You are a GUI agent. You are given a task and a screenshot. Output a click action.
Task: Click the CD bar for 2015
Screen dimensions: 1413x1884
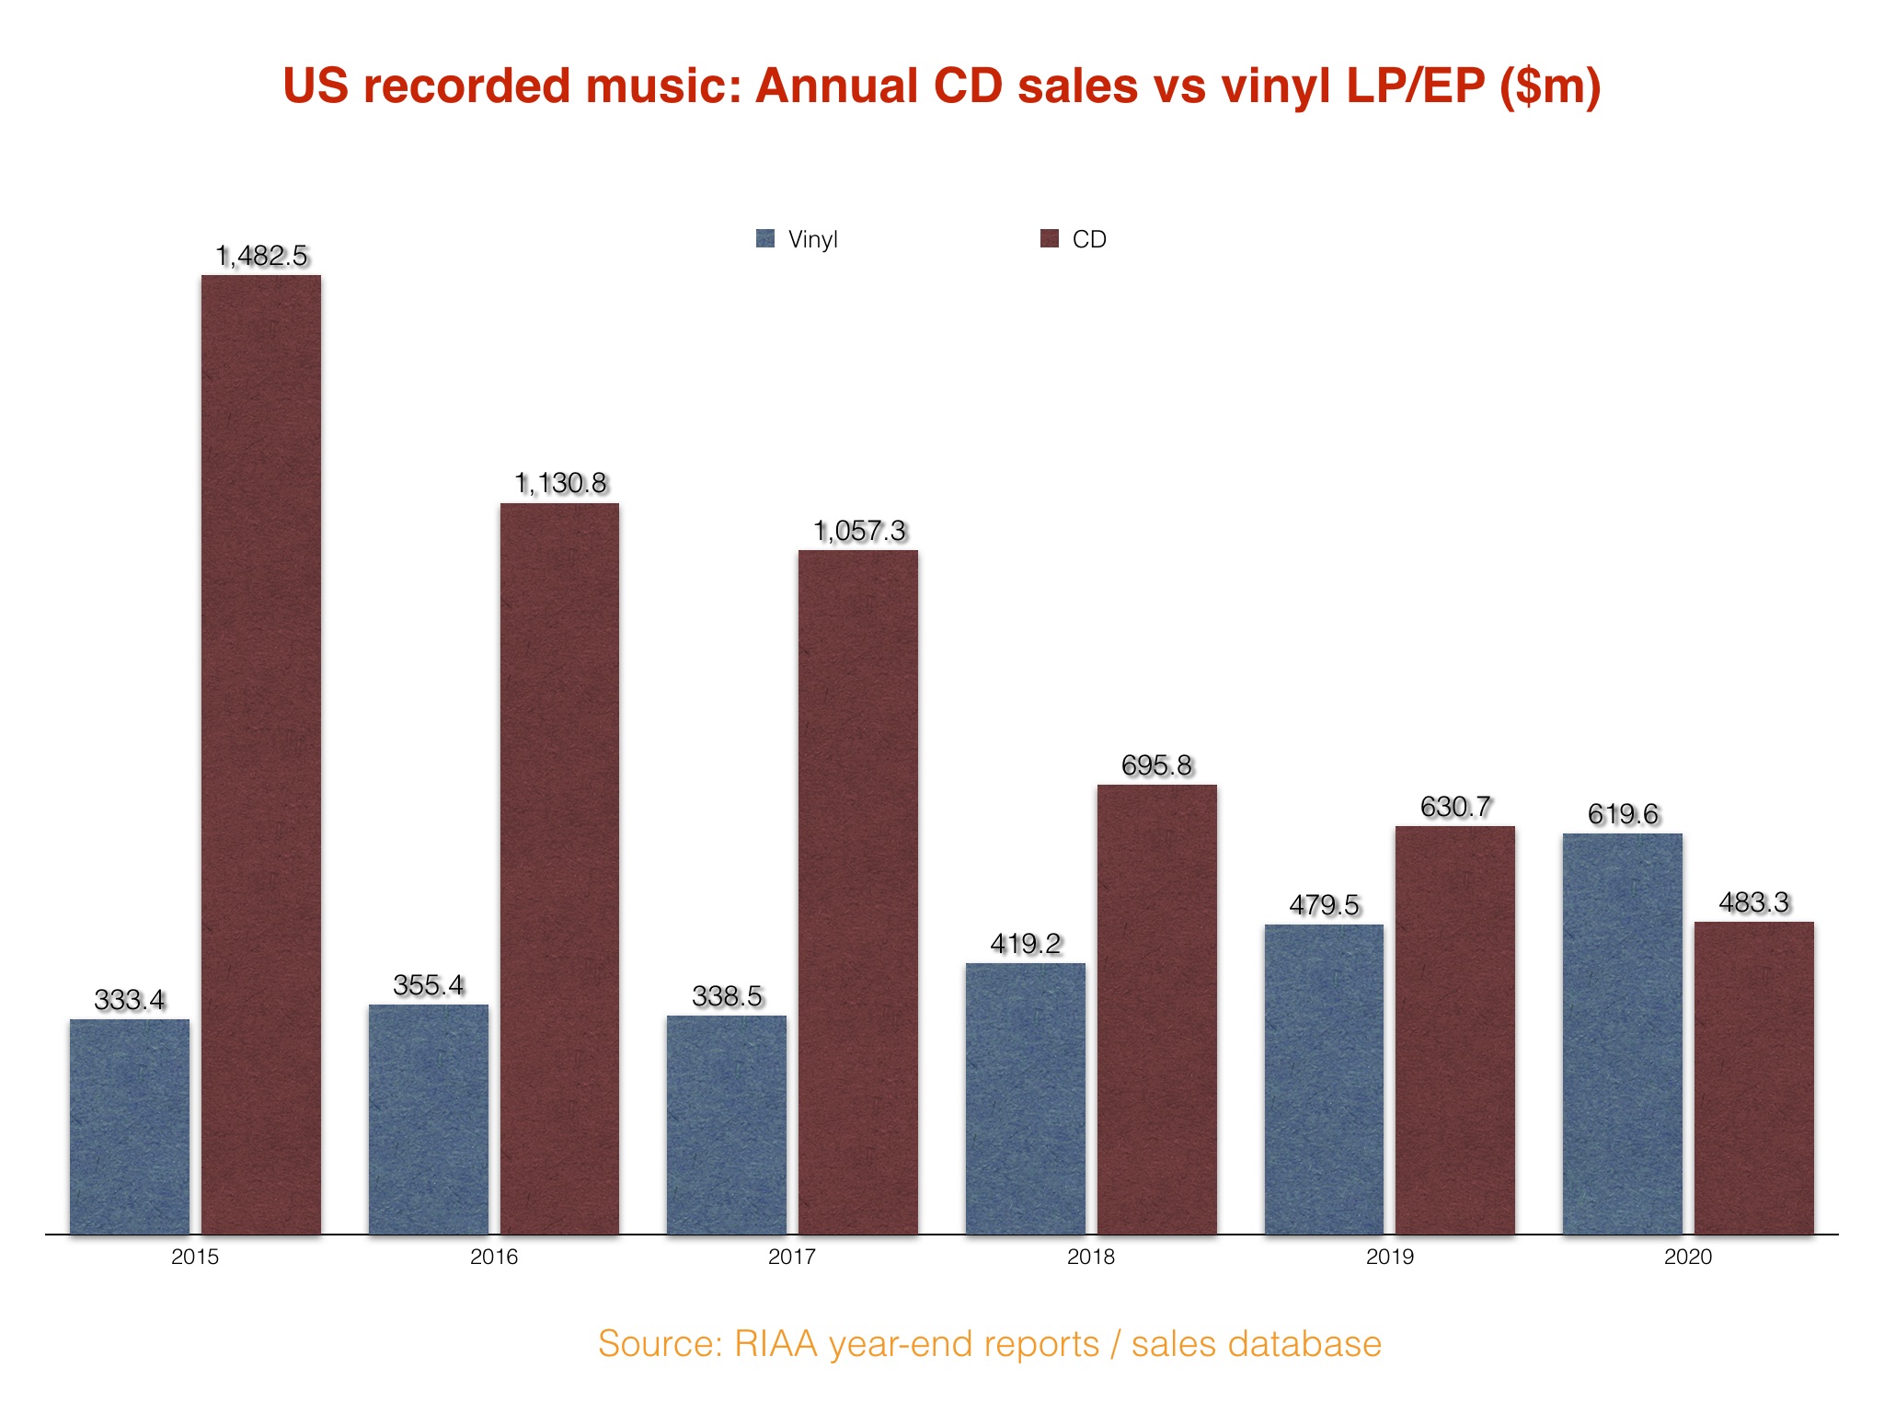click(x=261, y=754)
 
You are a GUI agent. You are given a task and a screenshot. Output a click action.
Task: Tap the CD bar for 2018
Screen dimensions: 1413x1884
click(x=1156, y=1009)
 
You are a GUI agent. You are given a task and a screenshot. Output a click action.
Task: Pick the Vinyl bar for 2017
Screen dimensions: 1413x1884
click(x=727, y=1124)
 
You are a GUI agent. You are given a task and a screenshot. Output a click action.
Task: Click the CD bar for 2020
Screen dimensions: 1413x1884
click(x=1754, y=1077)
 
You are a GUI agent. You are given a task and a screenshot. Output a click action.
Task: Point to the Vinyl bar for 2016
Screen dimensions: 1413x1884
click(x=429, y=1119)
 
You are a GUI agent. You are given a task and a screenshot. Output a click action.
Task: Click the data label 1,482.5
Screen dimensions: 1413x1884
click(x=261, y=256)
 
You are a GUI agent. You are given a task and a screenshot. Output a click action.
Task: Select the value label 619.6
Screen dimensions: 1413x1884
click(x=1623, y=814)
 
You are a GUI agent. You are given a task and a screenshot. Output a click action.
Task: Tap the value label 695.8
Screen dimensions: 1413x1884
click(x=1156, y=765)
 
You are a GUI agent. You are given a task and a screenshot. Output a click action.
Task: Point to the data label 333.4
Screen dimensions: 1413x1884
click(x=130, y=1000)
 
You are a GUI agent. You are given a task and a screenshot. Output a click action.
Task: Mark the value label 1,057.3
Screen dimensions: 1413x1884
click(x=859, y=531)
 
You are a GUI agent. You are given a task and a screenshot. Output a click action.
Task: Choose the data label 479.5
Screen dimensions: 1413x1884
click(x=1324, y=905)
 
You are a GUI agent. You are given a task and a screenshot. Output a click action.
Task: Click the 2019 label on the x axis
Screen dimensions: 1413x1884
click(x=1389, y=1257)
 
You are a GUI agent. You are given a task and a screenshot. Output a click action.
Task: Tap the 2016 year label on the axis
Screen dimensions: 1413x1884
click(x=494, y=1257)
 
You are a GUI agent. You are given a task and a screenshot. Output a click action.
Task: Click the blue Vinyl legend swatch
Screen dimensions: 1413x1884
click(x=765, y=239)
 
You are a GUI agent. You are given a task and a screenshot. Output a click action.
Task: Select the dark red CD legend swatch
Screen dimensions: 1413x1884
click(x=1050, y=239)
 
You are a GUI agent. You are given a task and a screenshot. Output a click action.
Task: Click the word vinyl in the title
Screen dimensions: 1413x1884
click(x=1274, y=87)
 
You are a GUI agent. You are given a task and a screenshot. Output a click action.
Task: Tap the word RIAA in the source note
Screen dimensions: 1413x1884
click(x=775, y=1344)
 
